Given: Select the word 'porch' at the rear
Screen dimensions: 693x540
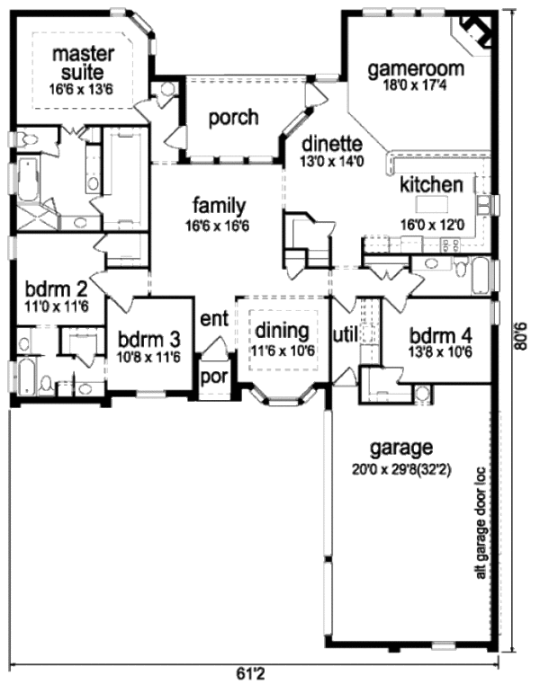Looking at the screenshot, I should [233, 118].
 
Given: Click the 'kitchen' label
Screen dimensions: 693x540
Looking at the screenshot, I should [432, 185].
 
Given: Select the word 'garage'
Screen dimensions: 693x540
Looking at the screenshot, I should [401, 447].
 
